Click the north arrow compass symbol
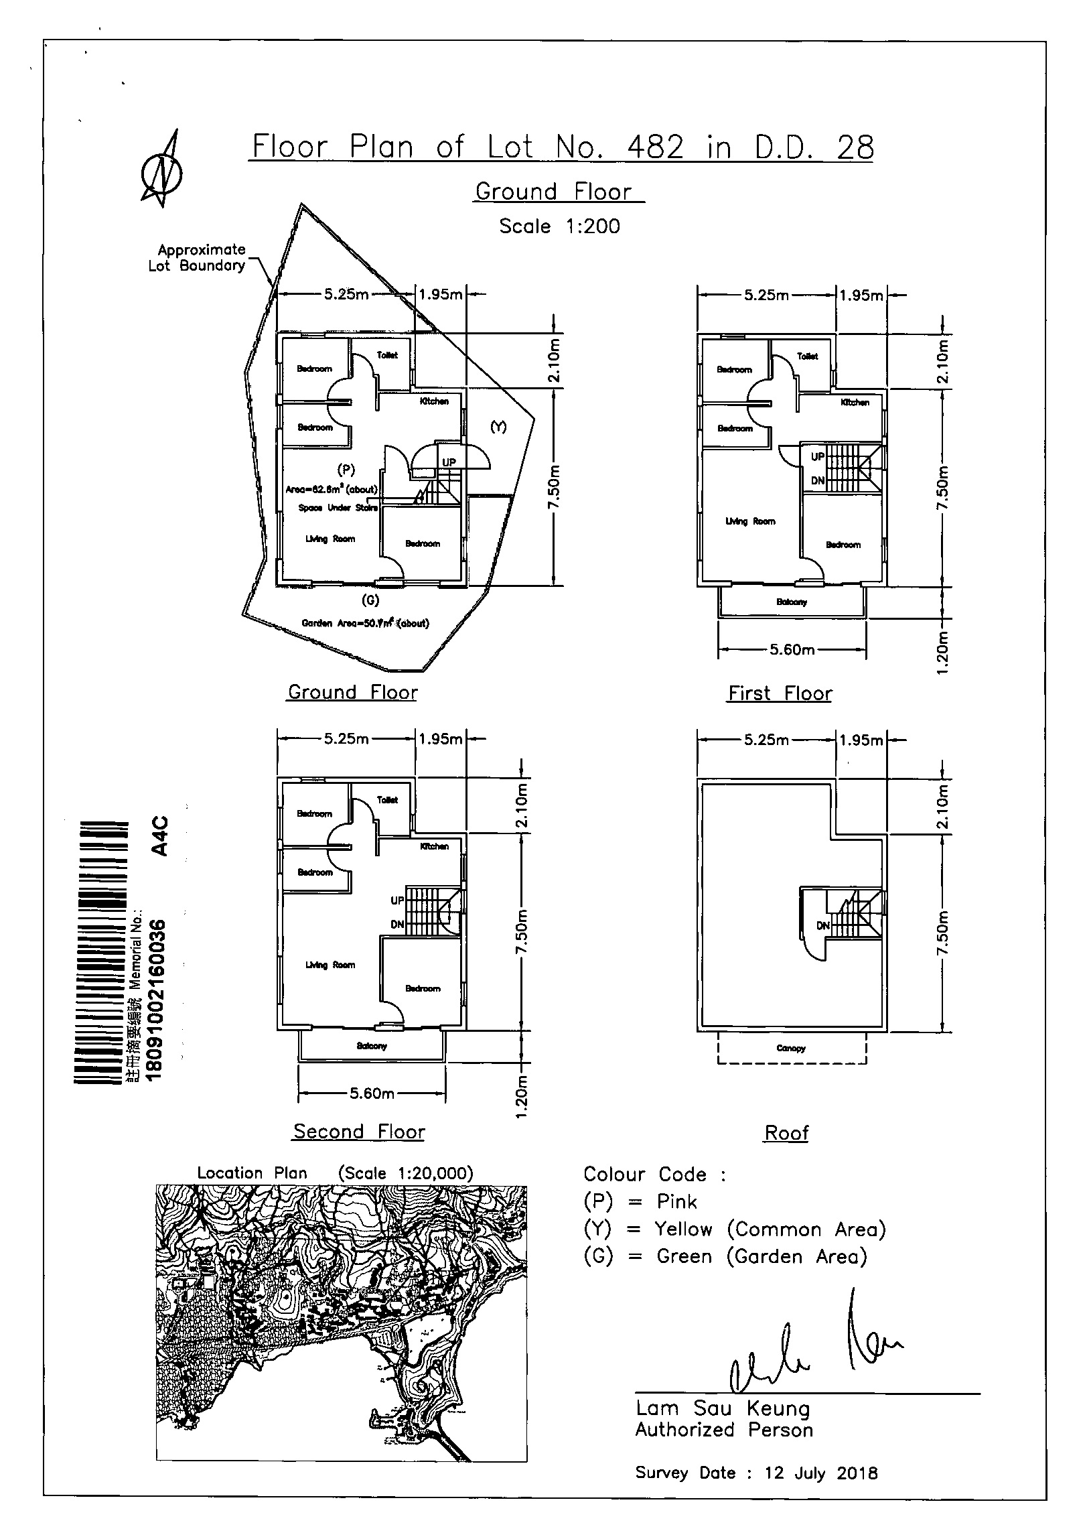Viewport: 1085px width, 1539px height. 162,169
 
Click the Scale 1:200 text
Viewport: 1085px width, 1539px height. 559,226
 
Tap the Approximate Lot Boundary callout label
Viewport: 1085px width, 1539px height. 198,257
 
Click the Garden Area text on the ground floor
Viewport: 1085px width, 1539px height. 365,622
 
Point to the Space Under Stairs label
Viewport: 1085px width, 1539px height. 338,507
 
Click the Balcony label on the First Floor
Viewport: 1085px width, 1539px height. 792,602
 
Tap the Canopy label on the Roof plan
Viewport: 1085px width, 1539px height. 791,1049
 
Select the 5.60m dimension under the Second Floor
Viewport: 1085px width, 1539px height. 372,1094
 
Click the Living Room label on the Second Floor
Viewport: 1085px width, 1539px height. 330,965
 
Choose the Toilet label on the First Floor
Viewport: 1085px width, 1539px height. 808,356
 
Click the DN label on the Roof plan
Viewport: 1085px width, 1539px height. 823,926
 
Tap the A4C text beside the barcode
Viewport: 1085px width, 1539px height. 159,836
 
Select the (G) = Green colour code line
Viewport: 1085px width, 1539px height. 725,1256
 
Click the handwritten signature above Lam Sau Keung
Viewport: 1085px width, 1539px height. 814,1347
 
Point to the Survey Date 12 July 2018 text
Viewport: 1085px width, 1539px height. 756,1473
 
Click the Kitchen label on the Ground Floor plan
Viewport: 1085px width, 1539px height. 434,401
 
